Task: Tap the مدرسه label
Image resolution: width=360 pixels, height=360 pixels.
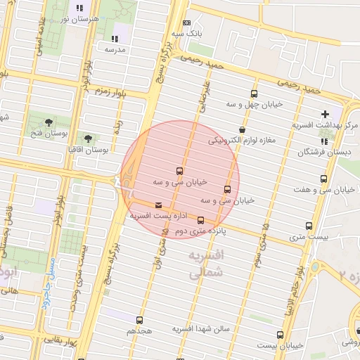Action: click(115, 50)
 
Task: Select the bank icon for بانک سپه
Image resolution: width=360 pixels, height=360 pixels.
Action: click(186, 23)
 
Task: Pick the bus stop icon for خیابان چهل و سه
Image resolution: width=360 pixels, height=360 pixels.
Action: click(254, 94)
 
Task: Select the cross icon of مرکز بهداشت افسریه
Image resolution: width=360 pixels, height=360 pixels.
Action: click(324, 114)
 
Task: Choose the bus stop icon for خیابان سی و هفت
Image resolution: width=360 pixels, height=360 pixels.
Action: click(323, 179)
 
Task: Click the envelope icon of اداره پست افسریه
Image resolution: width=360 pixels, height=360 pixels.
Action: click(157, 205)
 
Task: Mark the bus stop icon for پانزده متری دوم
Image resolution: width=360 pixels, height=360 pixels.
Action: click(200, 220)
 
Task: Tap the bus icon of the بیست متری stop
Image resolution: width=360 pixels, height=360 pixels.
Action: click(309, 226)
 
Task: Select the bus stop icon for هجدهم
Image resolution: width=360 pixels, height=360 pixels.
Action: click(139, 320)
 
